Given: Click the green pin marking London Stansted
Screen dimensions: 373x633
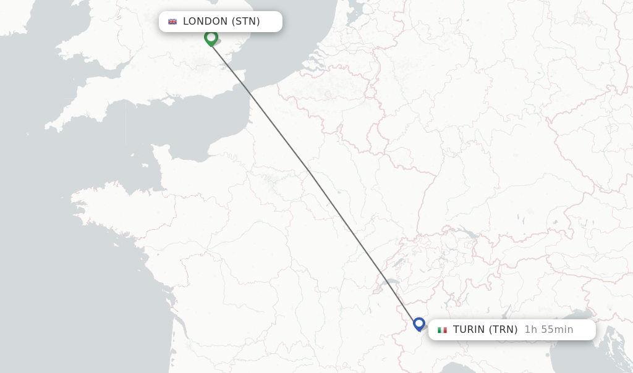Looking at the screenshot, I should point(211,38).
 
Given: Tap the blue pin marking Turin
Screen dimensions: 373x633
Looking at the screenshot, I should point(419,324).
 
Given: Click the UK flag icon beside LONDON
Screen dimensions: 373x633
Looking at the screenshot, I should point(172,22).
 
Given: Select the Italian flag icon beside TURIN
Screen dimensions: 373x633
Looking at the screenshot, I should point(442,330).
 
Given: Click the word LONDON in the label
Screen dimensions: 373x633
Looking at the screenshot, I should point(205,22).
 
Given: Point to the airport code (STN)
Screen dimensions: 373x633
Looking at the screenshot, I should point(245,22).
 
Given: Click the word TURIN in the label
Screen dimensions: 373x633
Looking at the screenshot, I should point(469,330).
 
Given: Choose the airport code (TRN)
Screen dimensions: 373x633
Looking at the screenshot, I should point(503,330).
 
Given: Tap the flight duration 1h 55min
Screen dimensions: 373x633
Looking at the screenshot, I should point(548,330).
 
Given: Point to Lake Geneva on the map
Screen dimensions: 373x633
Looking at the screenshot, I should point(391,282).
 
